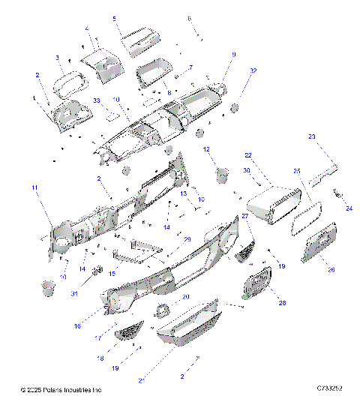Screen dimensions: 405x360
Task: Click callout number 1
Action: pos(33,98)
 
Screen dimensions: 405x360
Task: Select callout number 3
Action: pos(57,57)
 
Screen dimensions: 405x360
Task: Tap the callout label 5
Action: pos(115,17)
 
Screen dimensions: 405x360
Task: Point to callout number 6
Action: pos(189,17)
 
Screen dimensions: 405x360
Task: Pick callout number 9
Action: pos(233,54)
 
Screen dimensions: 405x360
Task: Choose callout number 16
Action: pos(98,326)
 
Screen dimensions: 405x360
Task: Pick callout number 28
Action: pos(261,303)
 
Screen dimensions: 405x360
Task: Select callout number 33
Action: pos(96,100)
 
